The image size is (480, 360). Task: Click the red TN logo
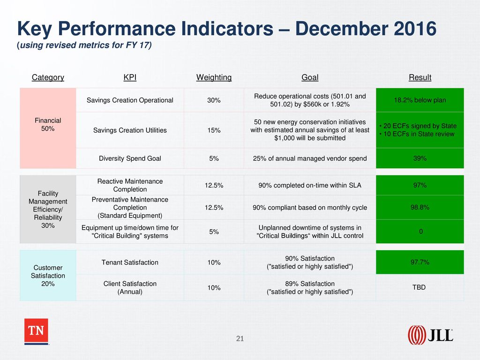(36, 331)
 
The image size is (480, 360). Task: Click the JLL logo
(430, 335)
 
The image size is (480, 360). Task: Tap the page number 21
(240, 338)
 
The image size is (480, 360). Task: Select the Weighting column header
(214, 77)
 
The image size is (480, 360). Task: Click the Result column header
(420, 77)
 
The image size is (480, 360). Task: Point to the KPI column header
(130, 77)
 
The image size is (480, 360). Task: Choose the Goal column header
(310, 77)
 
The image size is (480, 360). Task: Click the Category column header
(48, 77)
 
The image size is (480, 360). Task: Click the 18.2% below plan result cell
(420, 100)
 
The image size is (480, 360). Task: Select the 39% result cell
(420, 158)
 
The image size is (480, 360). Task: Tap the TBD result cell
(420, 287)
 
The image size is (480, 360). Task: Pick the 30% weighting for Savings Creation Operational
(214, 100)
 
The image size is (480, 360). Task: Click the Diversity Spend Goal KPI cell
(130, 158)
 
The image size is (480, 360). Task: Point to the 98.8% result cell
(420, 208)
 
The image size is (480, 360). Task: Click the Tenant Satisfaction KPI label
(130, 262)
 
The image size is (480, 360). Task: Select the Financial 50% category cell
(48, 128)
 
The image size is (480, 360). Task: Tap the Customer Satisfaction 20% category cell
(48, 276)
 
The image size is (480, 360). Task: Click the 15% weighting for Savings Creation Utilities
(214, 130)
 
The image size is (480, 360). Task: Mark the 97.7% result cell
(420, 262)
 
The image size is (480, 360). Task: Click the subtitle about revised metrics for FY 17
(84, 45)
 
